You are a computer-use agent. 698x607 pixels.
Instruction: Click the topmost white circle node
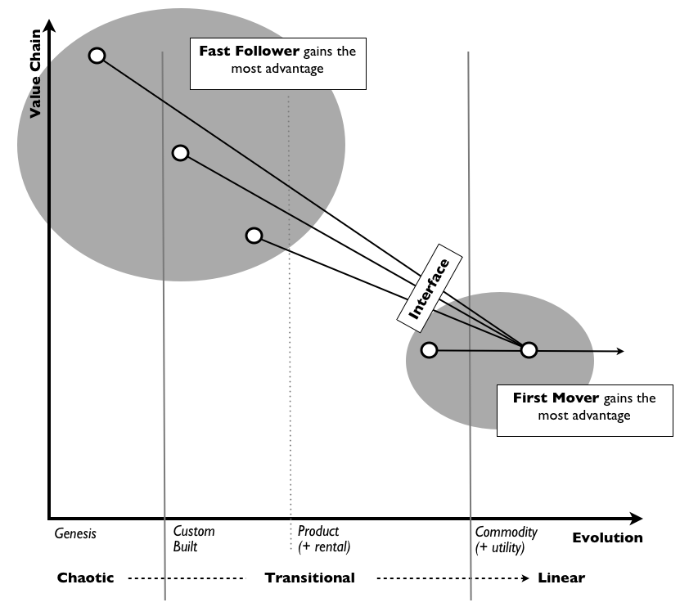(97, 56)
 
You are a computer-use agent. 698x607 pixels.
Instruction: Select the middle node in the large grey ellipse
(180, 153)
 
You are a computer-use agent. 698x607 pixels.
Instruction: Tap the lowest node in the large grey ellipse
(254, 236)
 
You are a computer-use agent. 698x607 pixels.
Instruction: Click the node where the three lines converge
(529, 350)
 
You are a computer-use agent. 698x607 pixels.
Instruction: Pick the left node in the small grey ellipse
(429, 350)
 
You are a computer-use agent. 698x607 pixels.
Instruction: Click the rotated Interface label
(430, 289)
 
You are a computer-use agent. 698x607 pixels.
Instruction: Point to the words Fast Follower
(249, 51)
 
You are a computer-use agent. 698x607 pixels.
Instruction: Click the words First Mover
(556, 398)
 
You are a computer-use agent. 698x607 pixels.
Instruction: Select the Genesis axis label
(75, 533)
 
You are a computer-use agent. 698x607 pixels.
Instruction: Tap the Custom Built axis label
(194, 538)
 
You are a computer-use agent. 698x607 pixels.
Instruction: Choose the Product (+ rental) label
(324, 539)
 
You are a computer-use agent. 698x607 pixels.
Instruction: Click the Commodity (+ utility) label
(507, 539)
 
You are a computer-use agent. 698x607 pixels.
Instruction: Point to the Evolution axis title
(608, 537)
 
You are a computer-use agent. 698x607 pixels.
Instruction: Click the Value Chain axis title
(35, 74)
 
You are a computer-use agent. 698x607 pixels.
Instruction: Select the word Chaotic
(85, 578)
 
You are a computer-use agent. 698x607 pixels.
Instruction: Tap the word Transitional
(310, 578)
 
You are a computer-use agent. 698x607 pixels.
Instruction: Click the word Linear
(561, 578)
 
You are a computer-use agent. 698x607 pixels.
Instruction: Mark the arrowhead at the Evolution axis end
(637, 519)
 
